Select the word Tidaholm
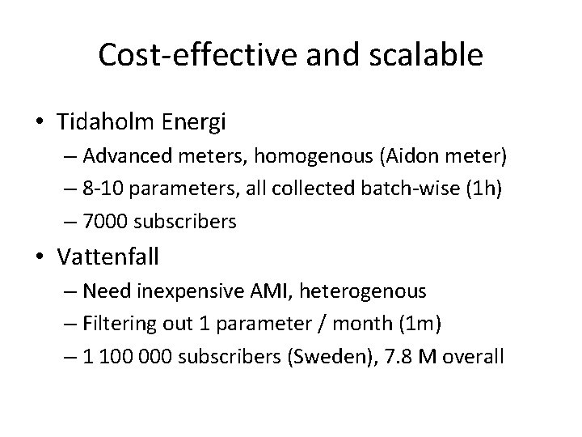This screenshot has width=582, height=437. (114, 123)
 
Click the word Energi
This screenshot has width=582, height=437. (197, 123)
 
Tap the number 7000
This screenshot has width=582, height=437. (108, 221)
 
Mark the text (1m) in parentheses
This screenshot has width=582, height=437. (424, 324)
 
